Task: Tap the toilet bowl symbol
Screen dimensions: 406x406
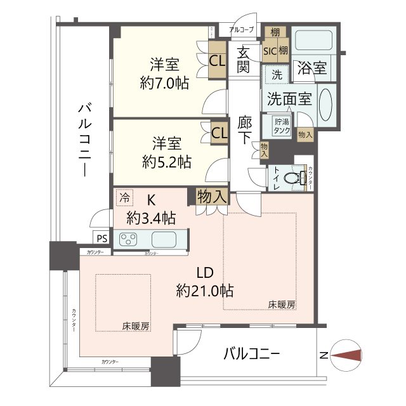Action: coord(291,178)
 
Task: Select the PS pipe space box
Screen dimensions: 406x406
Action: coord(101,238)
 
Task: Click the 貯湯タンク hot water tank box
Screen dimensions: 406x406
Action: coord(282,125)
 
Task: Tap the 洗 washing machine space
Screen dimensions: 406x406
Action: coord(277,74)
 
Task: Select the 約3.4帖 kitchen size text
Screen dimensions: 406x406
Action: coord(150,218)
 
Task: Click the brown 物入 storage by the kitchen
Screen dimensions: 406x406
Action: coord(212,196)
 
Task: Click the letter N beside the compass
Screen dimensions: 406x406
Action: coord(324,357)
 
